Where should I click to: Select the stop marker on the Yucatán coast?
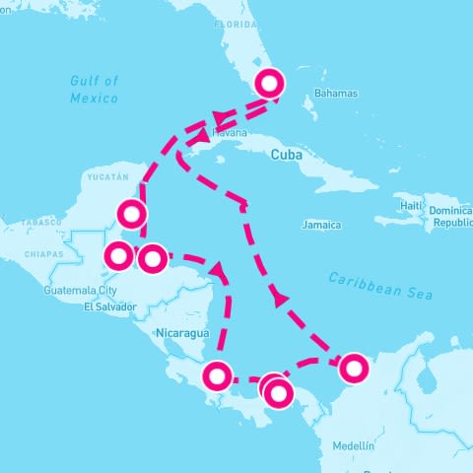[x=130, y=213]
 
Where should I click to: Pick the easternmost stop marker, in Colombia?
[x=354, y=369]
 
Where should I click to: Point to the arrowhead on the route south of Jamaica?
[x=283, y=296]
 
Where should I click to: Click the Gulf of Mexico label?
[x=95, y=90]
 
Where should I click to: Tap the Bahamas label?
[x=336, y=94]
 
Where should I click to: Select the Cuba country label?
[x=285, y=155]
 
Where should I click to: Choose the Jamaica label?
[x=321, y=225]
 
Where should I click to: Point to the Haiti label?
[x=411, y=204]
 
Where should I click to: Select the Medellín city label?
[x=353, y=445]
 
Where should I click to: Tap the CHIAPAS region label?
[x=43, y=254]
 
